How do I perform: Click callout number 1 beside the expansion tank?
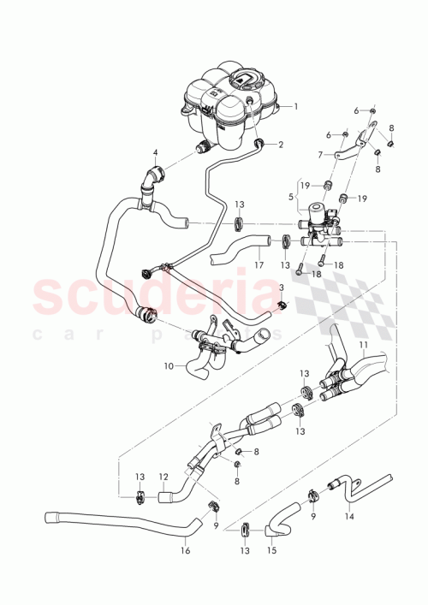[x=297, y=107]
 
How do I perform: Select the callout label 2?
[x=280, y=145]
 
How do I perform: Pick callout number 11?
[x=363, y=345]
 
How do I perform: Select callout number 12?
[x=163, y=476]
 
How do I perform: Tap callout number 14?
[x=348, y=517]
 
